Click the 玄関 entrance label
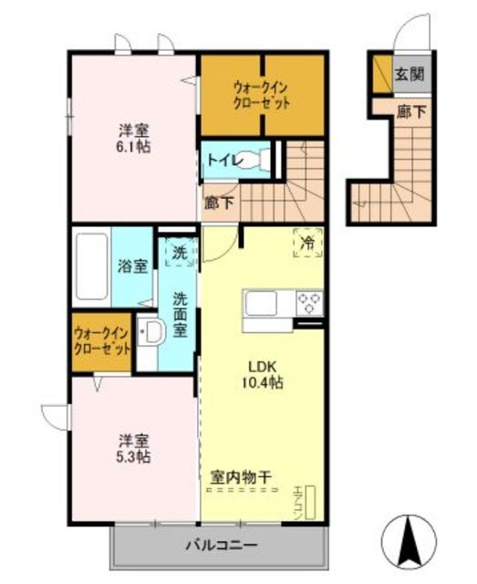pyautogui.click(x=410, y=75)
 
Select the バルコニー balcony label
pyautogui.click(x=222, y=546)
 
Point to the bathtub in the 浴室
pyautogui.click(x=91, y=266)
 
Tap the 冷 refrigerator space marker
pyautogui.click(x=308, y=243)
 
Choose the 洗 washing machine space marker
pyautogui.click(x=181, y=253)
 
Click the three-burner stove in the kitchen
pyautogui.click(x=309, y=303)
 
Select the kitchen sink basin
pyautogui.click(x=260, y=303)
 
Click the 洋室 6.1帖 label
pyautogui.click(x=134, y=139)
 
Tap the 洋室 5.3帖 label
pyautogui.click(x=134, y=449)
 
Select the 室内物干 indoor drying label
pyautogui.click(x=241, y=477)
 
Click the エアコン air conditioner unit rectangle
pyautogui.click(x=310, y=503)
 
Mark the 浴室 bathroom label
pyautogui.click(x=132, y=266)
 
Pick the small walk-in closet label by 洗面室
pyautogui.click(x=101, y=340)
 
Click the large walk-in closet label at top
pyautogui.click(x=262, y=95)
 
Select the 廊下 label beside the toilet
pyautogui.click(x=219, y=203)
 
